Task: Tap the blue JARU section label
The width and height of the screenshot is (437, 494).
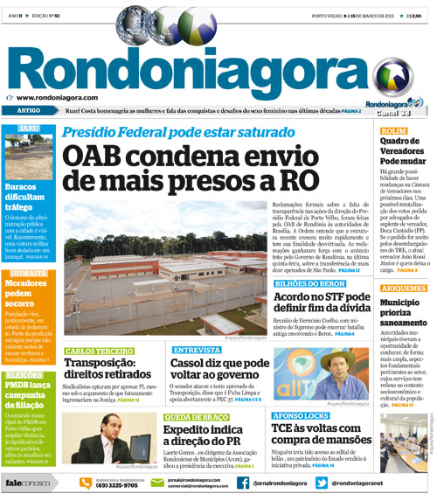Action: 29,129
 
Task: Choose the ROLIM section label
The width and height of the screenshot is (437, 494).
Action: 399,130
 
